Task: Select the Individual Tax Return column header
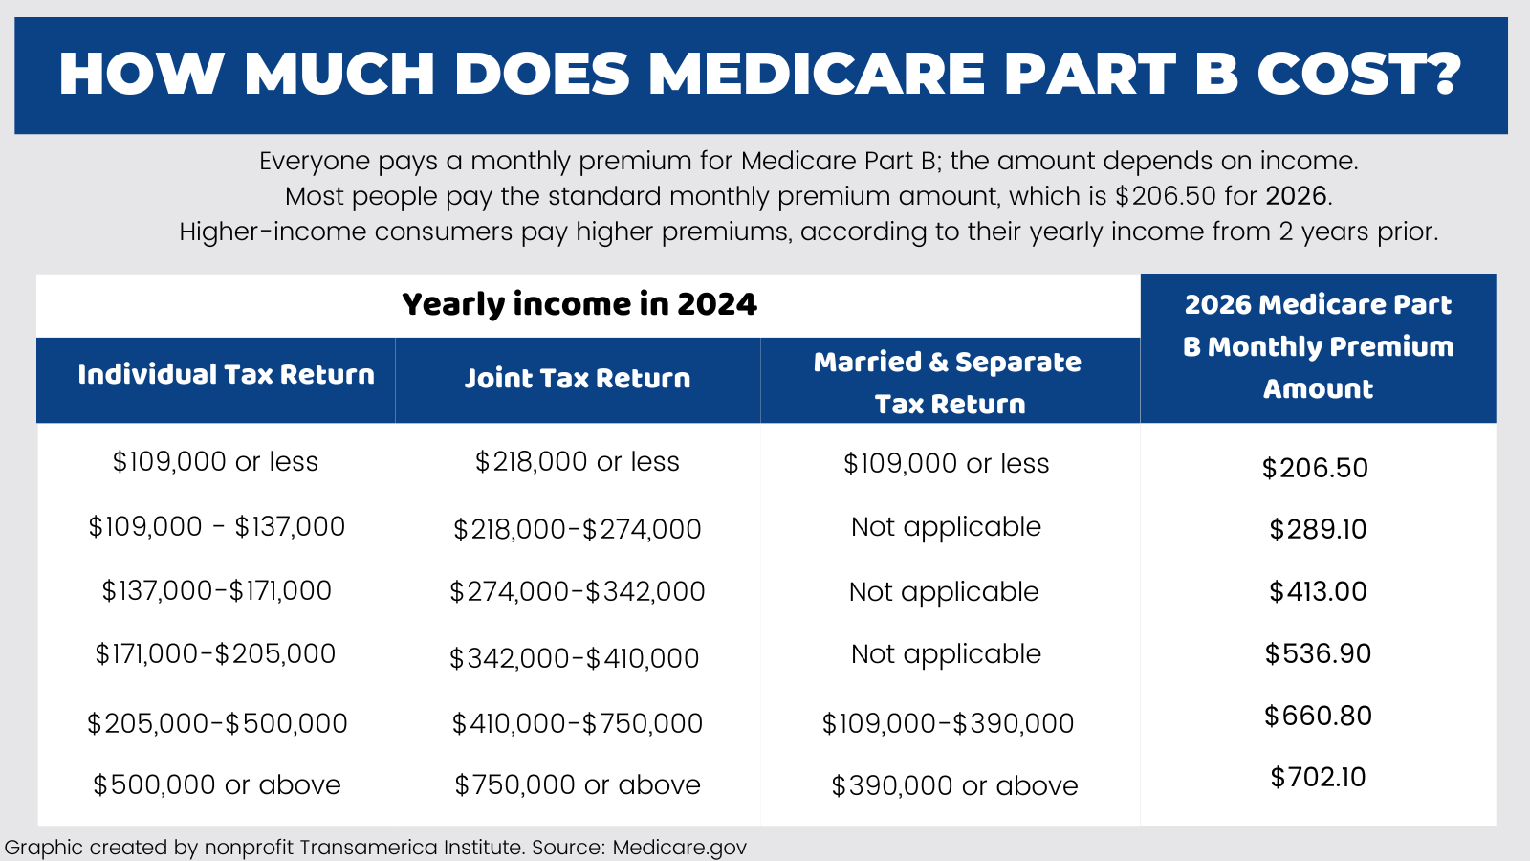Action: coord(226,375)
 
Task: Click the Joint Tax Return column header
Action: coord(577,379)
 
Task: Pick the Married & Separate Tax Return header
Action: coord(948,383)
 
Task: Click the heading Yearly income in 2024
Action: coord(579,304)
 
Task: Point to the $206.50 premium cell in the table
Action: coord(1315,468)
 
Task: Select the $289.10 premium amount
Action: coord(1318,529)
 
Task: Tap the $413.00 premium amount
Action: coord(1318,591)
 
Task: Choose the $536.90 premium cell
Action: coord(1318,653)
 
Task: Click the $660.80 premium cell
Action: coord(1318,716)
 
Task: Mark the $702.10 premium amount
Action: coord(1318,777)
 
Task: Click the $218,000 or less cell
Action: coord(577,462)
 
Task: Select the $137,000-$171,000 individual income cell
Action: coord(217,591)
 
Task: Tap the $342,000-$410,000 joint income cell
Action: coord(575,658)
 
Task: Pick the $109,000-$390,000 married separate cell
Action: coord(948,723)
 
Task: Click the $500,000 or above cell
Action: coord(217,785)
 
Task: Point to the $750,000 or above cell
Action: coord(577,785)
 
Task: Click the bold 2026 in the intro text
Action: coord(1296,196)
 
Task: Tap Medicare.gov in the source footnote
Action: coord(679,848)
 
